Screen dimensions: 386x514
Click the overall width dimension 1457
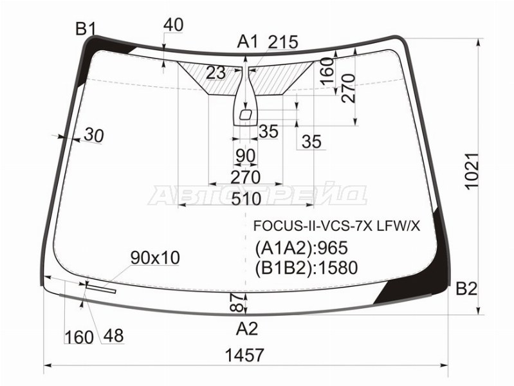click(x=245, y=355)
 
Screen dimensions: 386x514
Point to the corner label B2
click(x=466, y=289)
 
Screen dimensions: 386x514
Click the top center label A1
click(x=247, y=42)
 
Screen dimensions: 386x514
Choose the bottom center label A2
click(x=247, y=329)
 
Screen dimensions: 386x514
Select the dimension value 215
click(x=283, y=42)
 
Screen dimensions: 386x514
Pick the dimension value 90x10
click(x=155, y=258)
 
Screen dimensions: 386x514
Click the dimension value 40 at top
click(x=173, y=24)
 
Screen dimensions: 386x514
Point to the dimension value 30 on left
click(x=93, y=136)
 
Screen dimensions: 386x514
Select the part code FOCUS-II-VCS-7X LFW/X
click(x=336, y=226)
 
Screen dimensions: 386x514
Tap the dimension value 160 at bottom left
click(x=78, y=336)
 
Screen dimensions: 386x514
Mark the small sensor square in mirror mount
click(x=245, y=115)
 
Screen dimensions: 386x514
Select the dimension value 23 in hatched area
click(x=216, y=73)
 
